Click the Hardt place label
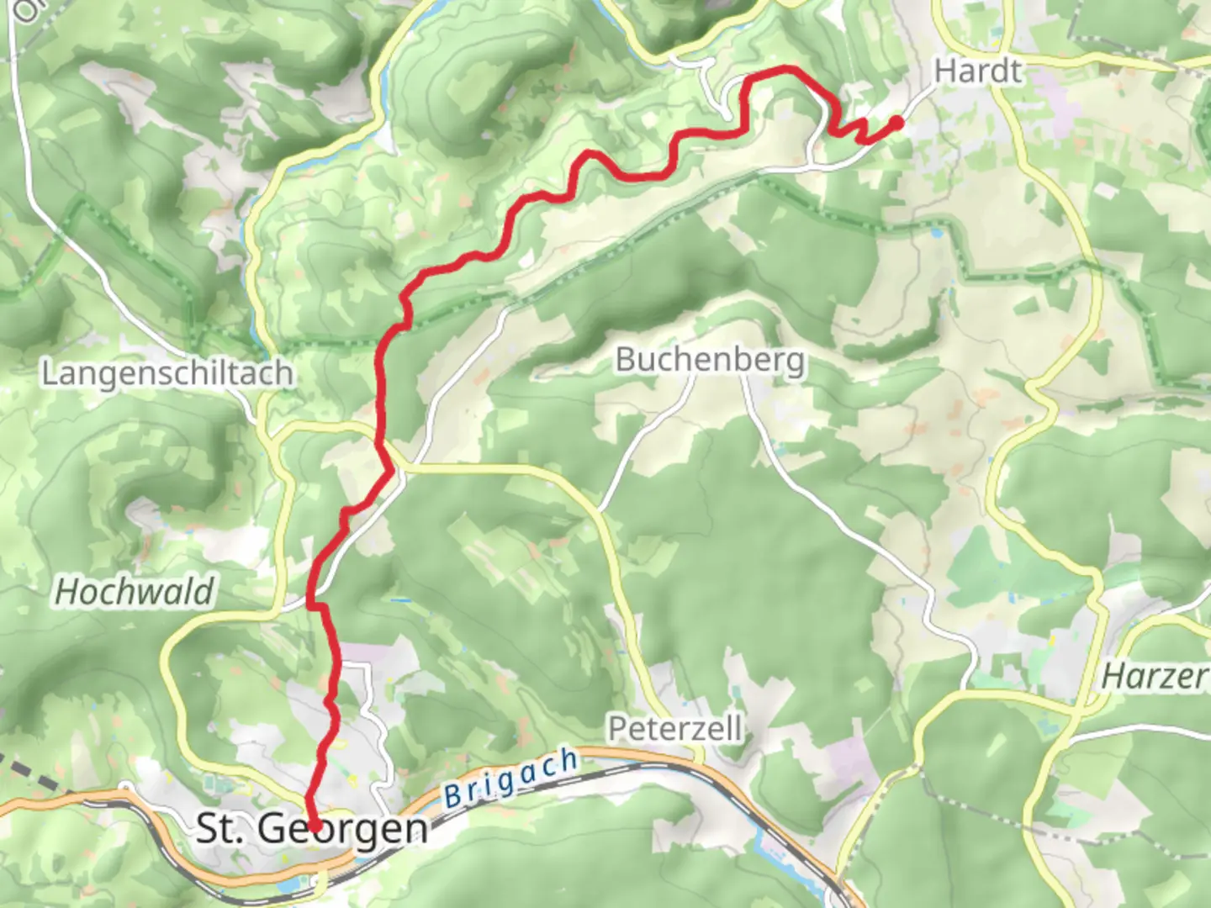978,71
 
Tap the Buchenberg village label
710,360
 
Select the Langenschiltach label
167,373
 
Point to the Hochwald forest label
134,592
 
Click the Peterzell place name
674,728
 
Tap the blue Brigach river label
510,779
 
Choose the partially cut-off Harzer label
1156,675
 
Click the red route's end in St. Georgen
314,826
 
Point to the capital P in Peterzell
617,728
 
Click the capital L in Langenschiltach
49,373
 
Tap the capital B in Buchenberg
625,360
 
